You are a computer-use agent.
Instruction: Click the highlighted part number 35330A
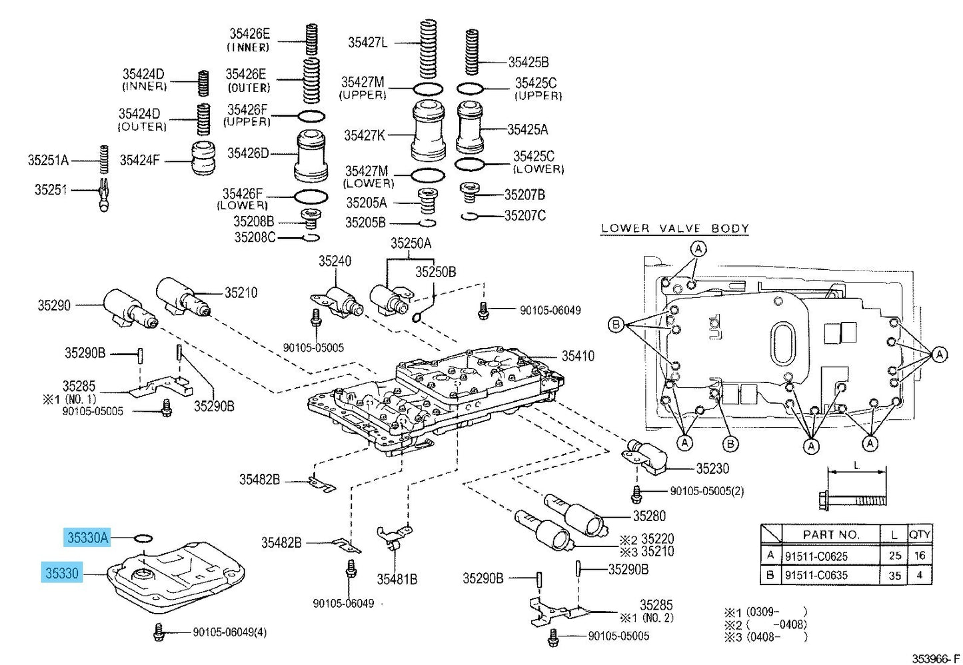pos(87,537)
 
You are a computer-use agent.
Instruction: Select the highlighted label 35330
pos(62,573)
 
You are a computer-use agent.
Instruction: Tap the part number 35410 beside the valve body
pos(578,356)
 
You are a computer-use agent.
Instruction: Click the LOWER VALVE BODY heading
pos(674,228)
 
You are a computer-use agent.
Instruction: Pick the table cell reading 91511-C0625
pos(816,556)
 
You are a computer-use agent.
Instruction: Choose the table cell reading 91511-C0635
pos(816,575)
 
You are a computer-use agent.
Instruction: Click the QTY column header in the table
pos(920,534)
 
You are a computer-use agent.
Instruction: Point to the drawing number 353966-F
pos(936,658)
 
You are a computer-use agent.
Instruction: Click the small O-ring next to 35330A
pos(143,538)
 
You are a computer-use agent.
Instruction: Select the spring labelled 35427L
pos(429,49)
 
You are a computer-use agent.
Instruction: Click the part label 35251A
pos(48,161)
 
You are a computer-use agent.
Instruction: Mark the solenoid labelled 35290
pos(130,309)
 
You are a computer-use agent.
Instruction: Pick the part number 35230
pos(712,468)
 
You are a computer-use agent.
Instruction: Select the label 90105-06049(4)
pos(229,632)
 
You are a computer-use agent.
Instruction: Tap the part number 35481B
pos(397,579)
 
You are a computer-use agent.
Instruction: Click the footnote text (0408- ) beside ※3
pos(776,636)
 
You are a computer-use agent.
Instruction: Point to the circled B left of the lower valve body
pos(616,324)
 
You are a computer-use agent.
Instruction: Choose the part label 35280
pos(648,516)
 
